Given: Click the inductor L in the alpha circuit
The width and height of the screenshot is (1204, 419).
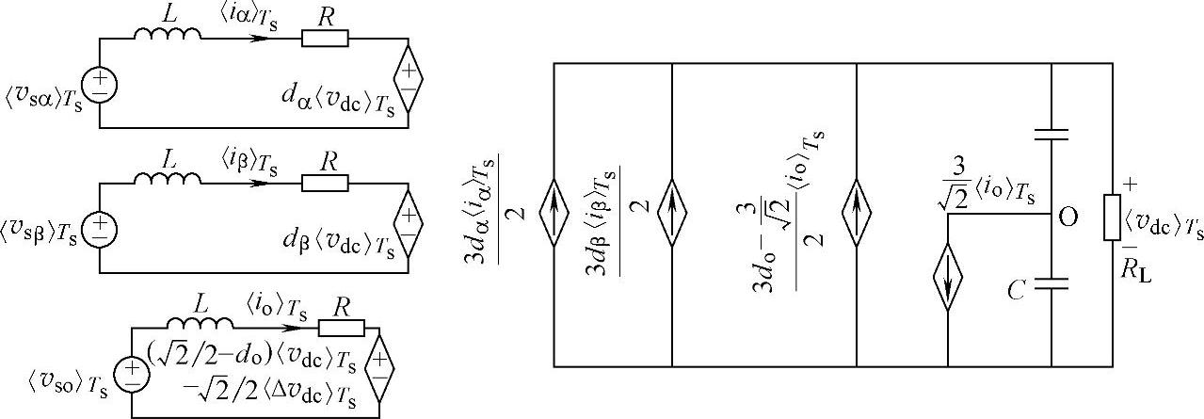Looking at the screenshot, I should [x=167, y=36].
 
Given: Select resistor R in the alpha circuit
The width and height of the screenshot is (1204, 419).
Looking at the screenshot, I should [x=325, y=39].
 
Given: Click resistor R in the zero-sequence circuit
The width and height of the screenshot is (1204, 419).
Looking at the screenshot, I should [x=342, y=328].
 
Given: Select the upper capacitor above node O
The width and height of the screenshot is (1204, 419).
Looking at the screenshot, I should [x=1051, y=133].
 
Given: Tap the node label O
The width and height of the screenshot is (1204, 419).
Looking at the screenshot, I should [x=1068, y=218].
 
